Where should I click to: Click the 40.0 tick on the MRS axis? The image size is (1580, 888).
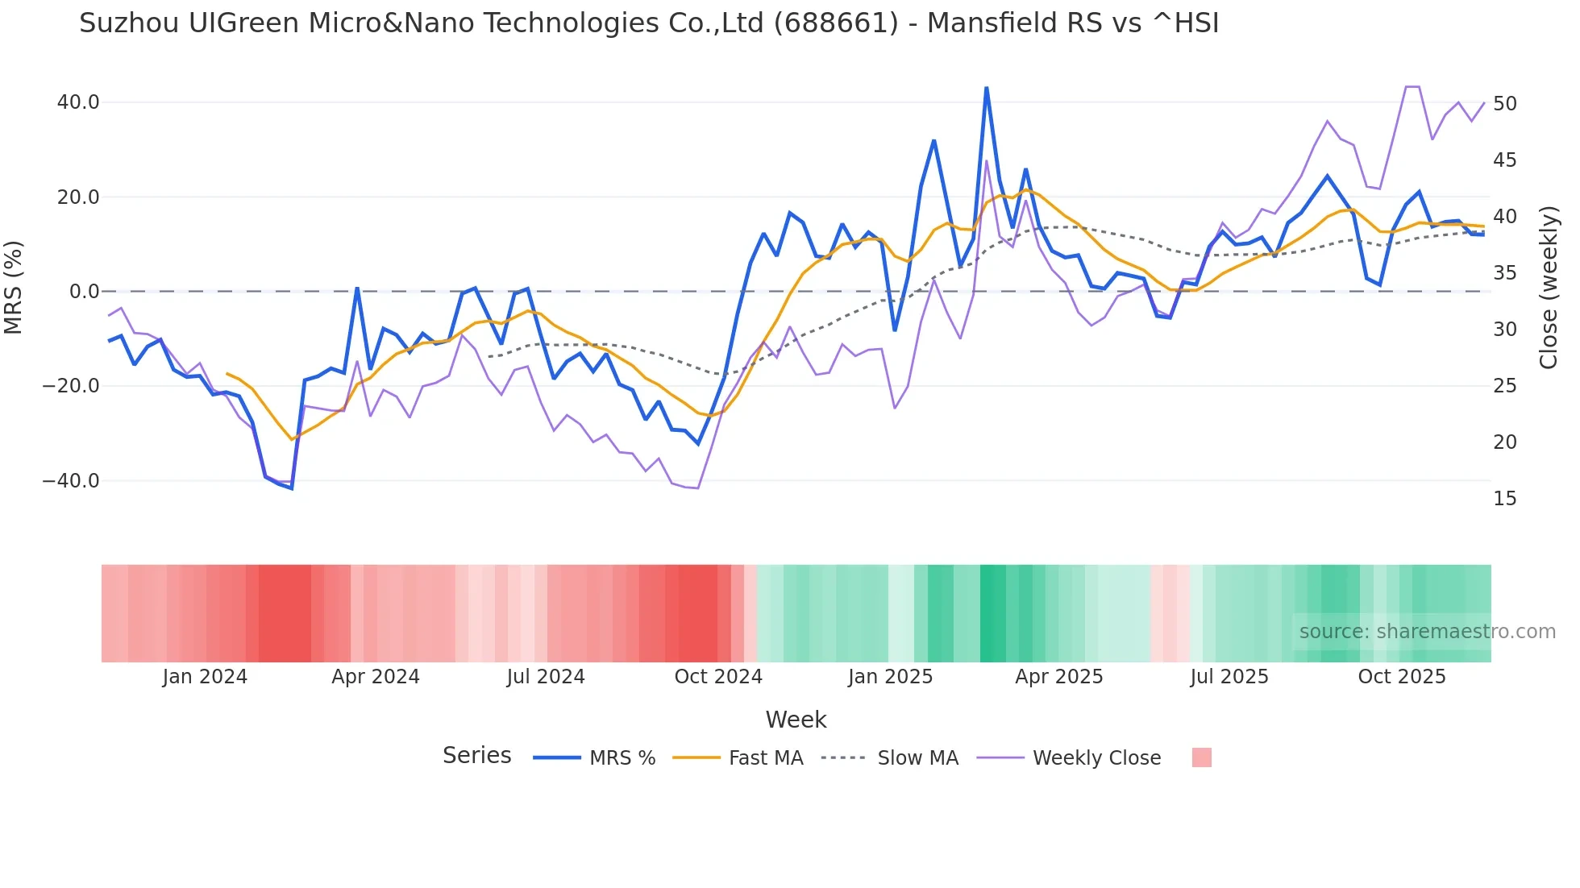pyautogui.click(x=78, y=102)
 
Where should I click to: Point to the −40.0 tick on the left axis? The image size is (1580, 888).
pyautogui.click(x=71, y=481)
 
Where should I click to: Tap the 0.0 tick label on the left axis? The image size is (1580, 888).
pyautogui.click(x=84, y=292)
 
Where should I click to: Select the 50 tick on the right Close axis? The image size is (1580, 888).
pyautogui.click(x=1504, y=104)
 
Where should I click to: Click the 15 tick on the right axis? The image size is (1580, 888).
pyautogui.click(x=1504, y=499)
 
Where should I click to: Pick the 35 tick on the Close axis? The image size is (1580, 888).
pyautogui.click(x=1504, y=273)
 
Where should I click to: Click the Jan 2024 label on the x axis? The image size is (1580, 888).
pyautogui.click(x=205, y=677)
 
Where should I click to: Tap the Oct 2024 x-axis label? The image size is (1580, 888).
pyautogui.click(x=718, y=677)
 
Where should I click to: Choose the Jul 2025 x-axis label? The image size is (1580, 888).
pyautogui.click(x=1229, y=677)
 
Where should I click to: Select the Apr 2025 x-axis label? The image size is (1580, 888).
pyautogui.click(x=1058, y=677)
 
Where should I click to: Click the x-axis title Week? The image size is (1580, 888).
pyautogui.click(x=796, y=720)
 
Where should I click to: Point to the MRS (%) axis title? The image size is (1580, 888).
pyautogui.click(x=14, y=288)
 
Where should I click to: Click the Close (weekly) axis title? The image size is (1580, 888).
pyautogui.click(x=1549, y=288)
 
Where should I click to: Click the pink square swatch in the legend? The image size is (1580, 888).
pyautogui.click(x=1201, y=757)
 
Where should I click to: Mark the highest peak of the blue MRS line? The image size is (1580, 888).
pyautogui.click(x=987, y=88)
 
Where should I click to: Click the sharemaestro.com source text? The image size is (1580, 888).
pyautogui.click(x=1427, y=632)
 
